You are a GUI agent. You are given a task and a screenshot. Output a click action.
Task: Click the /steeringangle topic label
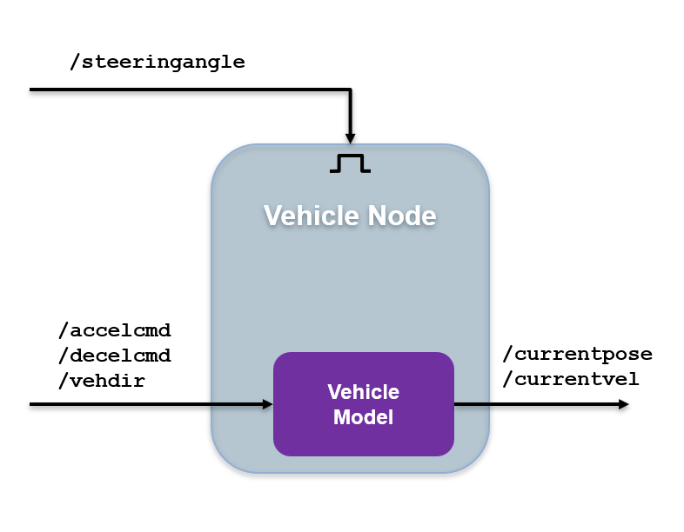click(157, 62)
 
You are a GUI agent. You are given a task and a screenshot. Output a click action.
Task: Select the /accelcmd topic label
click(114, 330)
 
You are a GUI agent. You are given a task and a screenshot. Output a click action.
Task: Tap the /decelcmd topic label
click(114, 356)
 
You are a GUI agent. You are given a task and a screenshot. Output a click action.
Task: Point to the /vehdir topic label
click(102, 380)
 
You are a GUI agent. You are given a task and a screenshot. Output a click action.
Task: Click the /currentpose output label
click(577, 354)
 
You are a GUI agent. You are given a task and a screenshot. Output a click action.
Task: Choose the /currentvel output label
click(571, 379)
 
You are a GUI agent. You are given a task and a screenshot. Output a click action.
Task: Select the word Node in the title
click(401, 215)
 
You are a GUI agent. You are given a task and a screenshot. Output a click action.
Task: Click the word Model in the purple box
click(364, 417)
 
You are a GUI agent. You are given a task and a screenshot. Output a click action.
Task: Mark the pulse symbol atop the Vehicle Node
click(350, 163)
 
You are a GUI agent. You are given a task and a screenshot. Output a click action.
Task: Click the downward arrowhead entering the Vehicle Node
click(350, 137)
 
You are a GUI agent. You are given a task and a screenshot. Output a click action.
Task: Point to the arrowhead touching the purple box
click(267, 404)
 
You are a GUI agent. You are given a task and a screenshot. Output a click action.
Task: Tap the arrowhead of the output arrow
click(622, 404)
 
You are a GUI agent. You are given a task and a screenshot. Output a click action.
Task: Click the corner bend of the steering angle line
click(350, 90)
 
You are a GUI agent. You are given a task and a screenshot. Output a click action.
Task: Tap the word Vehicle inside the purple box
click(364, 392)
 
